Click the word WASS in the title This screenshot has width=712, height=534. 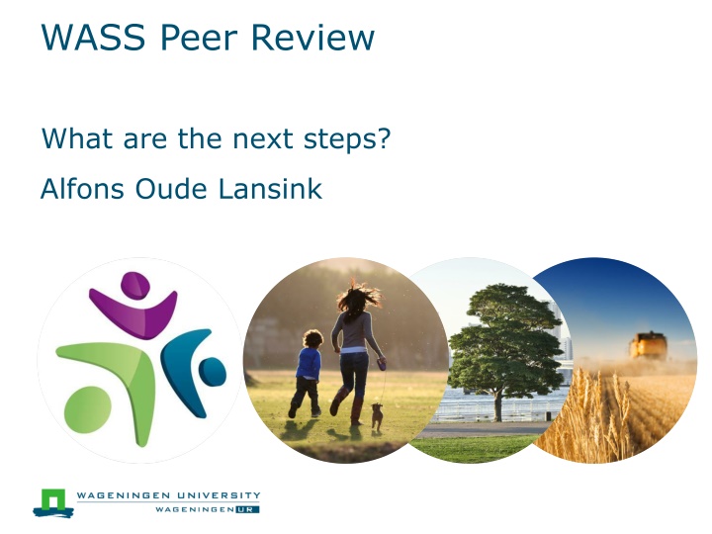[x=94, y=37]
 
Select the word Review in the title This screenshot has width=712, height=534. [x=312, y=37]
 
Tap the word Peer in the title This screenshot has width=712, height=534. [x=199, y=37]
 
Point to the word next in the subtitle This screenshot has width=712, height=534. [x=262, y=138]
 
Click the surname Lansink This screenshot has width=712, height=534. [x=270, y=189]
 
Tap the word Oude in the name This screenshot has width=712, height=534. [x=171, y=189]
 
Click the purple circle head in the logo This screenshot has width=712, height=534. [x=135, y=285]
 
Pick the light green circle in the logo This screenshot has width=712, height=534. [x=88, y=410]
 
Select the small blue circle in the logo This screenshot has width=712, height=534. [x=212, y=372]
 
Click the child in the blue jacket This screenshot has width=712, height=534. [x=307, y=373]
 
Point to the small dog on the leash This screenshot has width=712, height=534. [x=377, y=416]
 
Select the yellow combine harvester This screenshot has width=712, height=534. [x=649, y=346]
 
